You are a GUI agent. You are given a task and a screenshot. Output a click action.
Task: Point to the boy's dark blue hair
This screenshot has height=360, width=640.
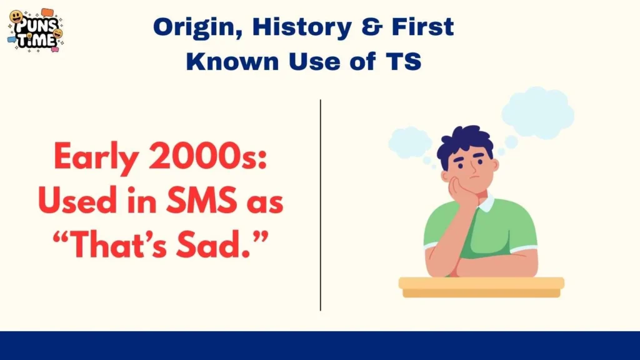pos(465,144)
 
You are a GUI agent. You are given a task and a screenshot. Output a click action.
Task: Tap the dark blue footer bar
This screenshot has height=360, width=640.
pos(320,346)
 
